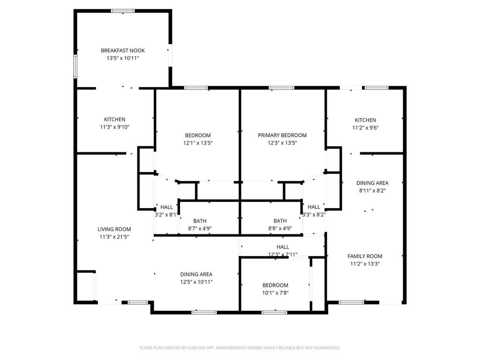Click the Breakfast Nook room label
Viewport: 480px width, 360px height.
click(123, 51)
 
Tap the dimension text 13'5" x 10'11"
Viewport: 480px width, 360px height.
click(123, 58)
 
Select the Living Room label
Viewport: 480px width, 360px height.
click(114, 229)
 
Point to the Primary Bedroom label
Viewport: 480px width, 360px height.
click(282, 135)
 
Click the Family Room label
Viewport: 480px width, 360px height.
click(365, 256)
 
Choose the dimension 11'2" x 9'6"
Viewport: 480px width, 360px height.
click(365, 128)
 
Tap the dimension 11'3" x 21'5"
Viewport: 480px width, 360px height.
click(114, 237)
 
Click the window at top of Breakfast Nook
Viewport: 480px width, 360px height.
click(123, 11)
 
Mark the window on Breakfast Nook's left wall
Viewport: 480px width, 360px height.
click(75, 67)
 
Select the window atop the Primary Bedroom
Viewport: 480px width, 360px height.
click(282, 88)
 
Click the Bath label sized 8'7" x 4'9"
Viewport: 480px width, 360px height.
click(200, 221)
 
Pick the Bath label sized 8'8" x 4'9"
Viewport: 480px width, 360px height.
click(280, 221)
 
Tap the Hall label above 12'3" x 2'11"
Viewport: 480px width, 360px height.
click(283, 247)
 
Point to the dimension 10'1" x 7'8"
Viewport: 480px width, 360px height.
click(276, 293)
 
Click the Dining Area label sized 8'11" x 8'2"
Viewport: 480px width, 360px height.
click(373, 183)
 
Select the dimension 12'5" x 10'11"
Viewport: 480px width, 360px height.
click(196, 282)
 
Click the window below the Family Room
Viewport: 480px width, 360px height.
click(352, 302)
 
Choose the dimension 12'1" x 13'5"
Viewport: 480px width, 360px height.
click(198, 143)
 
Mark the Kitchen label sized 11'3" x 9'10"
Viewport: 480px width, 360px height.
click(115, 120)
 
